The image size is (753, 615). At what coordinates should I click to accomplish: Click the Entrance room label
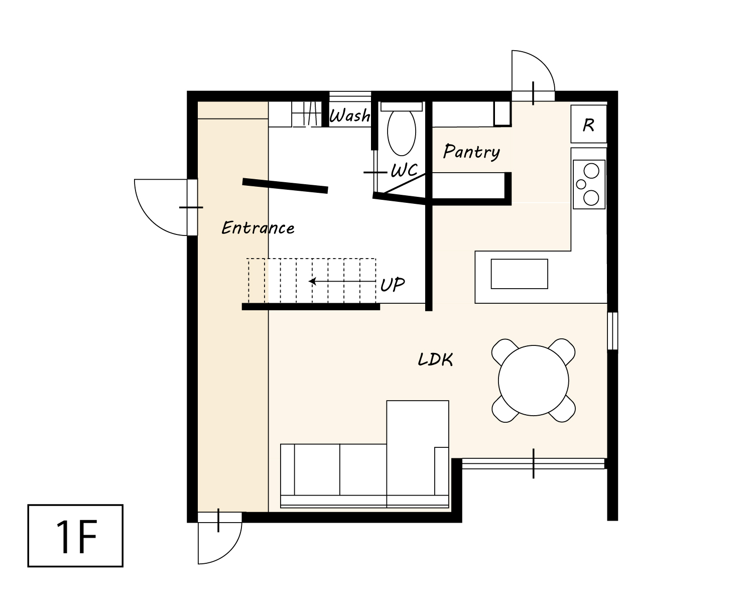tap(258, 227)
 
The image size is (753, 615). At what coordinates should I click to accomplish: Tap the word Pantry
tap(471, 152)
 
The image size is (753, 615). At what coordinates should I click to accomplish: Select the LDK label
tap(435, 359)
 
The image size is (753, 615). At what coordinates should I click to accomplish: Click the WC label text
tap(404, 170)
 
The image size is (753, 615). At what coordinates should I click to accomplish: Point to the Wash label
tap(349, 115)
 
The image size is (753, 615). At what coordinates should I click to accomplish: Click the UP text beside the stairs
tap(393, 285)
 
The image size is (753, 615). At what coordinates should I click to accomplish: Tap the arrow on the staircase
tap(342, 282)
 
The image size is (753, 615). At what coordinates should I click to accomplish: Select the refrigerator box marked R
tap(588, 124)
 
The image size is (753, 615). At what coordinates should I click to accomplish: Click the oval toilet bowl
tap(401, 132)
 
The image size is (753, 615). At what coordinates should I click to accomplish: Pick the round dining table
tap(533, 381)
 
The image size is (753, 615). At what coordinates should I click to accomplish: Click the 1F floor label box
tap(75, 536)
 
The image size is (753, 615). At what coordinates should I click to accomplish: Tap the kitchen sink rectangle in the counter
tap(519, 274)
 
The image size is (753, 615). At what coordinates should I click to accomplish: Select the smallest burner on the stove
tap(581, 184)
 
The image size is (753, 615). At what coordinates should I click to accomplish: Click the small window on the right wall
tap(612, 331)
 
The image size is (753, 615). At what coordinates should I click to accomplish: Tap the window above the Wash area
tap(350, 97)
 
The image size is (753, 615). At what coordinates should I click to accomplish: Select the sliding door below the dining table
tap(533, 463)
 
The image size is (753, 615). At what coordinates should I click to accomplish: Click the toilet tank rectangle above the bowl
tap(401, 106)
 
